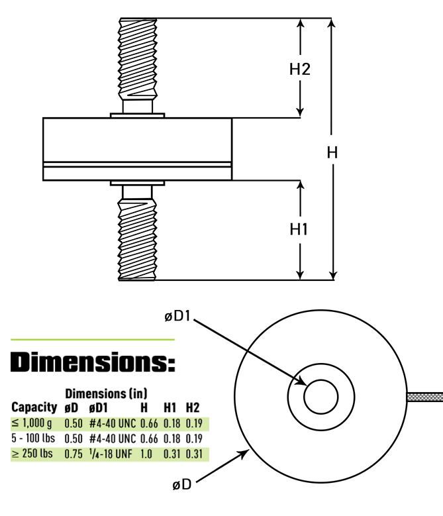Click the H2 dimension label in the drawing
(300, 68)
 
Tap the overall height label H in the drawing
(332, 152)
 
